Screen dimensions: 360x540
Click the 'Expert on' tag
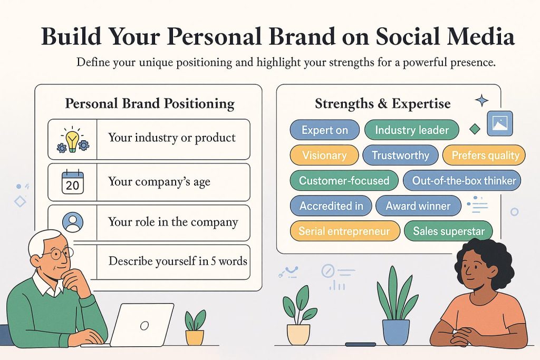324,130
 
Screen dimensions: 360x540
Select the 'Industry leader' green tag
412,130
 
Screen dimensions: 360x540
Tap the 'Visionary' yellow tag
324,155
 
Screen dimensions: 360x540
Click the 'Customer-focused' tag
344,181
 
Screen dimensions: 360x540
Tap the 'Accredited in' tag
331,206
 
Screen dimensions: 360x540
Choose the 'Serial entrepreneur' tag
344,231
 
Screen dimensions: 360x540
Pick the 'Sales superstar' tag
448,231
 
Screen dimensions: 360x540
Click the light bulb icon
72,140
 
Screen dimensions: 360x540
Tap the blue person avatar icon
73,222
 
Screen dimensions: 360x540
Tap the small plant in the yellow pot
194,328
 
